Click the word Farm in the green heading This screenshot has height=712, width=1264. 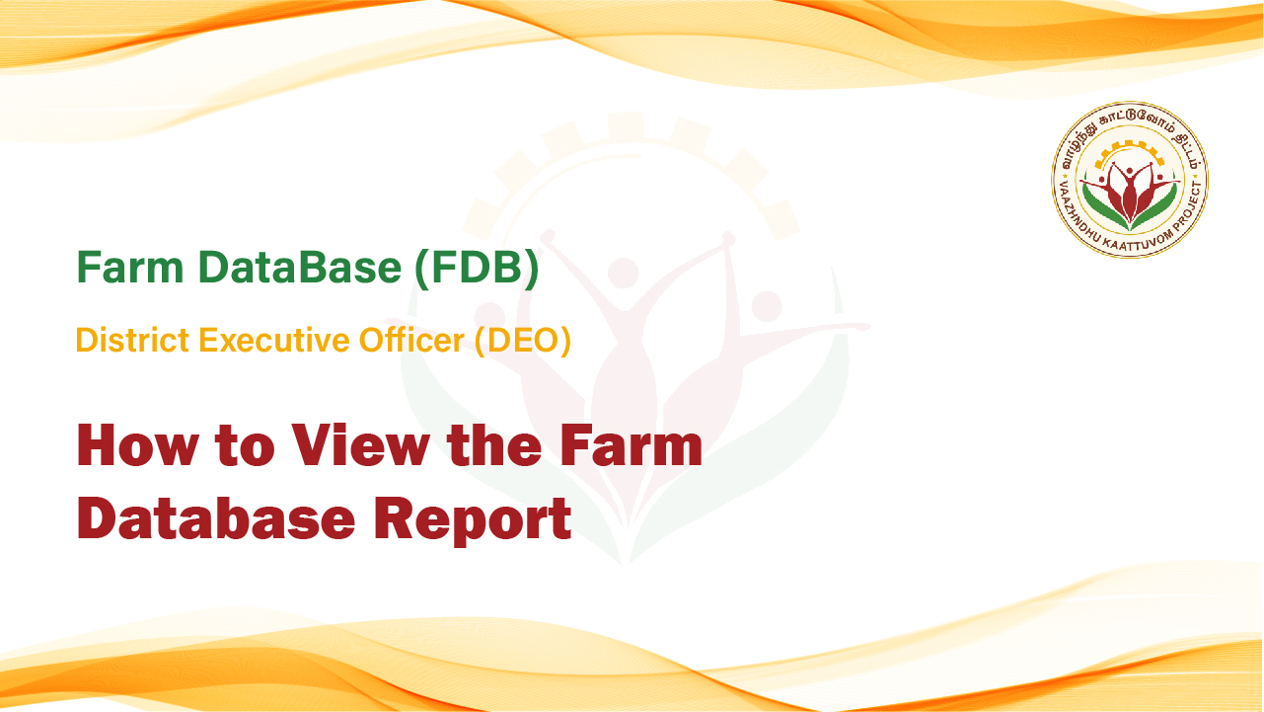[130, 267]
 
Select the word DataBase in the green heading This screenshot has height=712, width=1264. [300, 267]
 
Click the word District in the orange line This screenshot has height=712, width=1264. [132, 340]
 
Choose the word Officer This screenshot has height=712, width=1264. [411, 340]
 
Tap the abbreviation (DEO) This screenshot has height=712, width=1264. [523, 341]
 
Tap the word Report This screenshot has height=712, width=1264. [473, 520]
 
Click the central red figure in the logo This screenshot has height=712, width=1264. [1129, 194]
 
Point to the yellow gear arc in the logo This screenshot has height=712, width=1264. [1129, 154]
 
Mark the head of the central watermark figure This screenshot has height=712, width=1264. [623, 274]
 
